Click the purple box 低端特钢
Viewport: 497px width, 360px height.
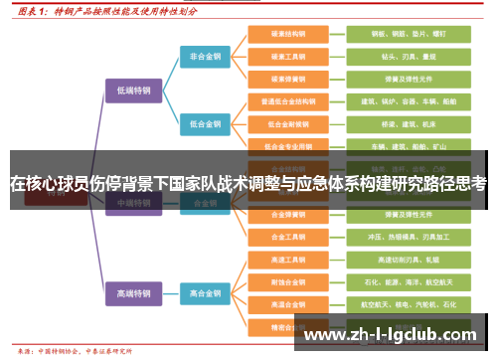133,90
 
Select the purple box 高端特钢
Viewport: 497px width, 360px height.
133,293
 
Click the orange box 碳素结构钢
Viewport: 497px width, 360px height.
289,33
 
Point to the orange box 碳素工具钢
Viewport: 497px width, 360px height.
289,56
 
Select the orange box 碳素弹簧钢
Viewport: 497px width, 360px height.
289,79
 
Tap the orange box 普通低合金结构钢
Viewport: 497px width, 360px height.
289,101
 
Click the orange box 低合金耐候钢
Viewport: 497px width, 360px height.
289,124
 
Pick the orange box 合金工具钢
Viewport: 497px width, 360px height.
289,237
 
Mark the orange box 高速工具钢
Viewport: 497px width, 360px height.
289,260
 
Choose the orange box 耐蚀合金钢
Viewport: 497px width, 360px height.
289,281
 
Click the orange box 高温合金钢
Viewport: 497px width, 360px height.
289,304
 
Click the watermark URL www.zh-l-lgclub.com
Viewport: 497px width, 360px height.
389,335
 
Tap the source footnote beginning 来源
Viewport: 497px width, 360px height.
70,351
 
